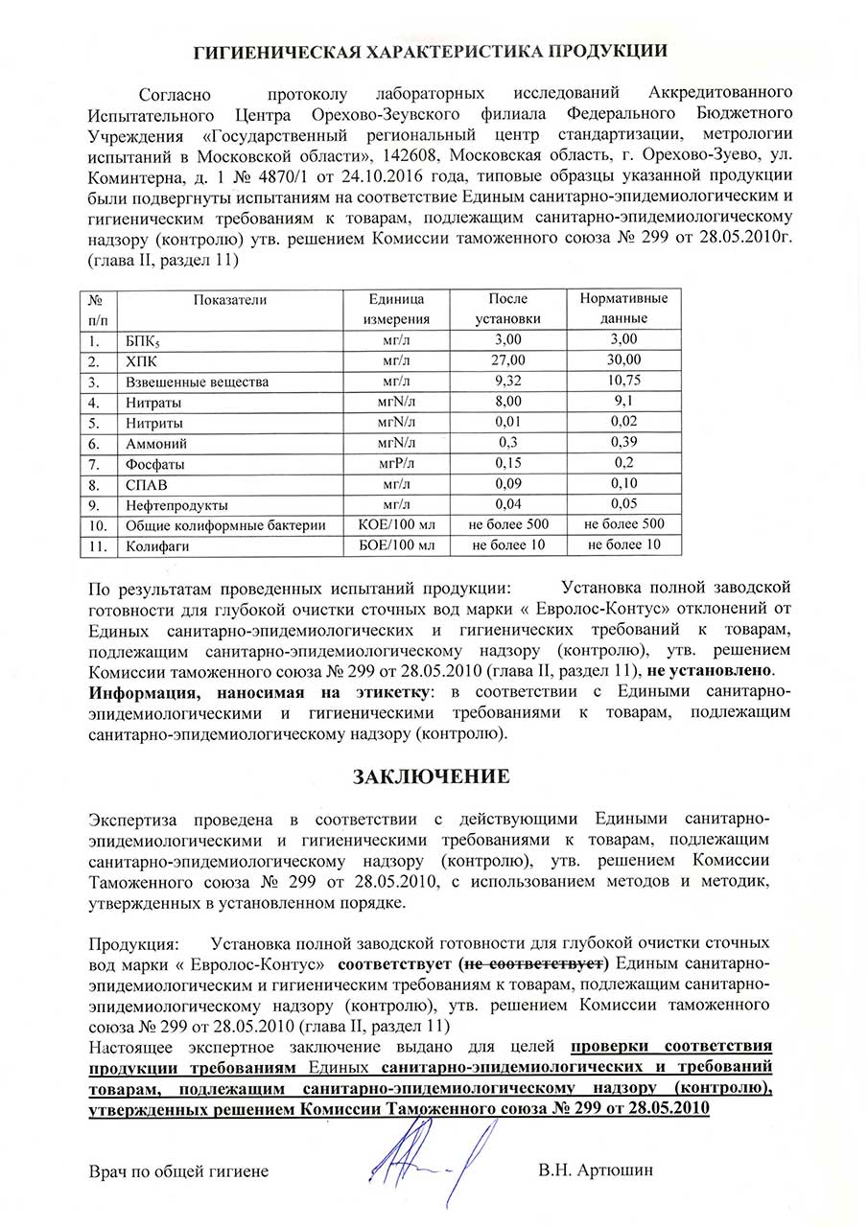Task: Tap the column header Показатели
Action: point(230,299)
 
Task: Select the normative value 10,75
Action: point(624,382)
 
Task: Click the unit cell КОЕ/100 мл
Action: point(396,524)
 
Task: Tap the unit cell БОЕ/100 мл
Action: point(396,545)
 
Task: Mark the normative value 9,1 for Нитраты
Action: point(624,402)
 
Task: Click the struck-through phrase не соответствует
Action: point(534,961)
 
